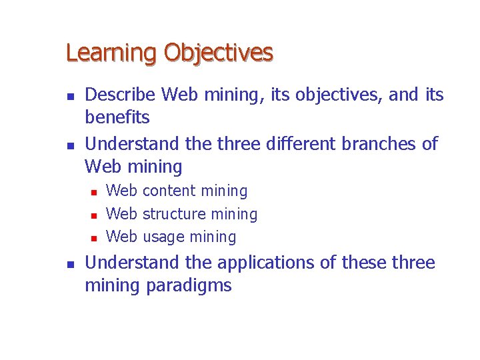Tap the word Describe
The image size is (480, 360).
(121, 95)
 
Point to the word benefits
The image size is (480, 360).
(117, 118)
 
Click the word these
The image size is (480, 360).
(365, 263)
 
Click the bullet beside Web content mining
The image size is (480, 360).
(93, 193)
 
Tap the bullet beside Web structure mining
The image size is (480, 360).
(93, 215)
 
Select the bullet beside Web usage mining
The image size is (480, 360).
(93, 238)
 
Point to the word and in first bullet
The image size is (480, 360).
(403, 95)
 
